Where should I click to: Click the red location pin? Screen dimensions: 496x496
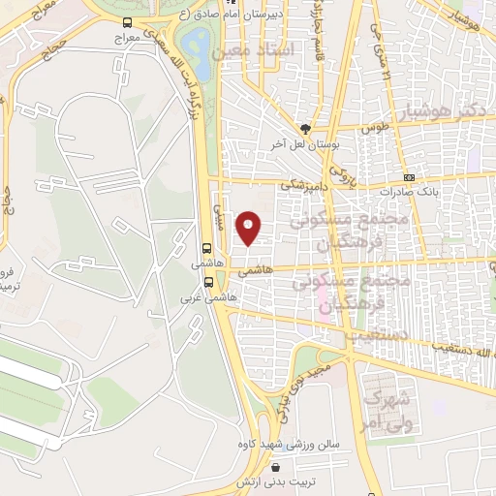click(x=250, y=227)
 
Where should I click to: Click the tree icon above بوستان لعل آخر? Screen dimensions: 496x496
click(x=305, y=128)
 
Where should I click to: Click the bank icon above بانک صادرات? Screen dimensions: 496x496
click(x=409, y=177)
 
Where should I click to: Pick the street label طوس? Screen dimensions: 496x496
click(x=374, y=128)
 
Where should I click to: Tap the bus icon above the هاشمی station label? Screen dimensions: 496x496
click(x=207, y=248)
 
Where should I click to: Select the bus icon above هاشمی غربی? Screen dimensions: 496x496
click(x=208, y=283)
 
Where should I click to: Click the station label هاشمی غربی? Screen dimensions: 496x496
click(x=197, y=297)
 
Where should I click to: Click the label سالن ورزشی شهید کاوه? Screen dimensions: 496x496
click(x=280, y=445)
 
